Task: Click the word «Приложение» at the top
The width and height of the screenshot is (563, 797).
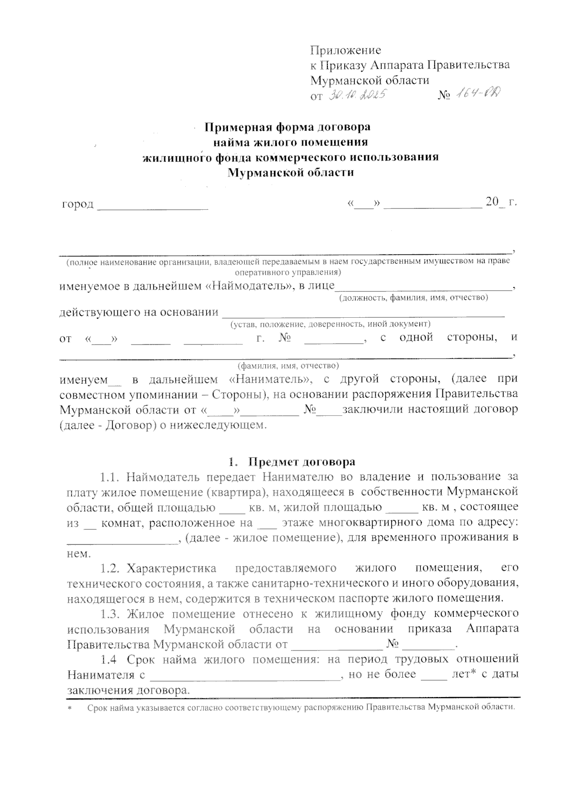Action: (x=345, y=50)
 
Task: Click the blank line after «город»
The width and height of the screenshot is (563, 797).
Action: (x=152, y=205)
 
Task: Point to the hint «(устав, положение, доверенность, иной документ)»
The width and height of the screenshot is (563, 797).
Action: (x=330, y=324)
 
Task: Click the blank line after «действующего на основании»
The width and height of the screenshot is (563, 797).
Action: (x=363, y=314)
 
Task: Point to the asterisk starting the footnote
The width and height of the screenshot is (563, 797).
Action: (x=69, y=708)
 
